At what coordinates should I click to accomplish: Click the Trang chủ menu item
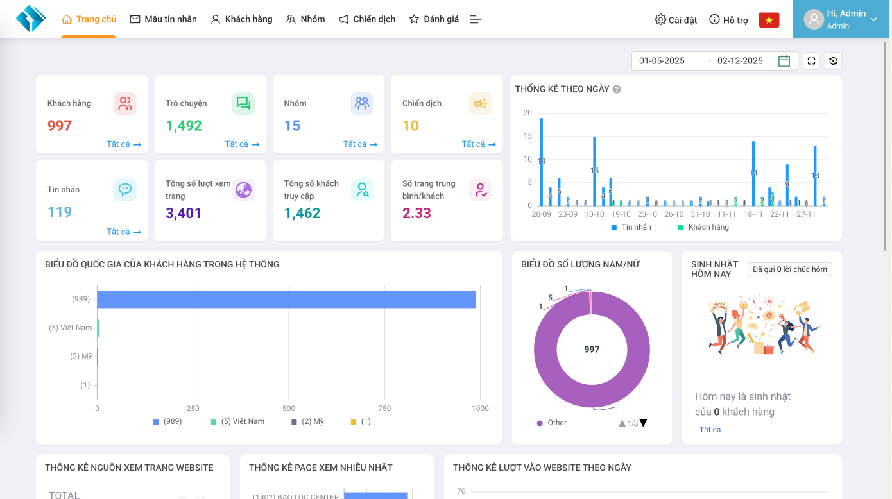click(x=89, y=19)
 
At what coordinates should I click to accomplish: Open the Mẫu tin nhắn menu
click(x=164, y=19)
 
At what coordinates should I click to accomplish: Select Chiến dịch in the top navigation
click(x=367, y=19)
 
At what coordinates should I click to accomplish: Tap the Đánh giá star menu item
click(x=434, y=19)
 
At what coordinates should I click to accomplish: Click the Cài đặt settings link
click(x=676, y=20)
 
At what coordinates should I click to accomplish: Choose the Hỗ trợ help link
click(x=729, y=20)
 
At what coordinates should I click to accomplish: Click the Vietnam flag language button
click(x=769, y=20)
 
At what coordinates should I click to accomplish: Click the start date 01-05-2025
click(x=662, y=61)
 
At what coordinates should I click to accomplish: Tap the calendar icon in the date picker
click(x=784, y=61)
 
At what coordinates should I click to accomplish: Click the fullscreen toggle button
click(x=811, y=61)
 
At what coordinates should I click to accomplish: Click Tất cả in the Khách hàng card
click(x=123, y=144)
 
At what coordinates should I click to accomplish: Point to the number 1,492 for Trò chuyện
click(x=184, y=126)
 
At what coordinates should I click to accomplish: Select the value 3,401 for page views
click(x=184, y=213)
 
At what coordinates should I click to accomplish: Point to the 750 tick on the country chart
click(x=384, y=409)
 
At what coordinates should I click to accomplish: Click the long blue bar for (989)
click(x=286, y=300)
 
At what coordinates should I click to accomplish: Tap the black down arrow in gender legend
click(x=643, y=423)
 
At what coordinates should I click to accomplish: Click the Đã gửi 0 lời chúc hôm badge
click(x=790, y=269)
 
